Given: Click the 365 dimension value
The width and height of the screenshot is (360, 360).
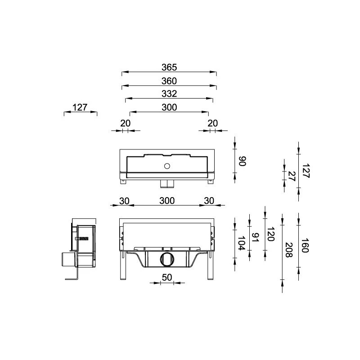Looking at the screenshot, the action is click(169, 67).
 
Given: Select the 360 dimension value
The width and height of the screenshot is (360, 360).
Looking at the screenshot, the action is click(169, 81).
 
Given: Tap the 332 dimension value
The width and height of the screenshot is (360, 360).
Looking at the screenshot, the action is click(169, 94).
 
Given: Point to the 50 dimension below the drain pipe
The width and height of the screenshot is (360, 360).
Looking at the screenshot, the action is click(167, 277).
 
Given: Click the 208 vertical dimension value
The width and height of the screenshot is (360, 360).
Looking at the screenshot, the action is click(289, 250).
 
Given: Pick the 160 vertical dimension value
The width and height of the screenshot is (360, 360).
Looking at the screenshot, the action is click(305, 245).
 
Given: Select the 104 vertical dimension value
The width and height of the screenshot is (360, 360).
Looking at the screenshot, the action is click(241, 243).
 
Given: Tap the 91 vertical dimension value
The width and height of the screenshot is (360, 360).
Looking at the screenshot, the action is click(255, 237).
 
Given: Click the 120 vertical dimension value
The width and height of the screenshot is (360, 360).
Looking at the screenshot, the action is click(271, 234).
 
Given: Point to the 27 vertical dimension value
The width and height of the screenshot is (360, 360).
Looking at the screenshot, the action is click(291, 176).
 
